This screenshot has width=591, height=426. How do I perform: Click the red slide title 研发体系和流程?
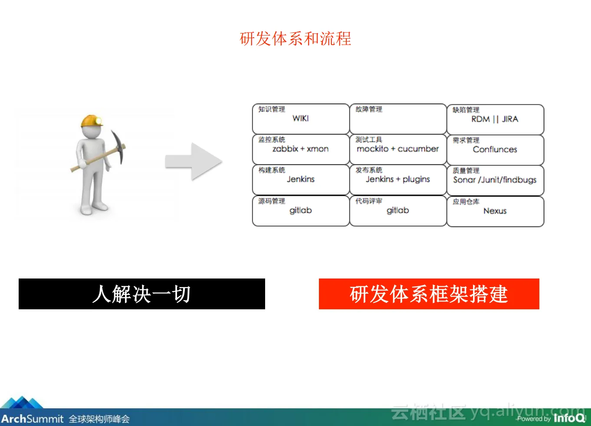click(x=295, y=39)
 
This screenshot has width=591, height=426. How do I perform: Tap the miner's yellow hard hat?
click(x=92, y=121)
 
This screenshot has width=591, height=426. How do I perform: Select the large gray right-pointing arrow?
click(x=194, y=161)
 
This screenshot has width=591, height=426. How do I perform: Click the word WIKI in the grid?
click(x=301, y=118)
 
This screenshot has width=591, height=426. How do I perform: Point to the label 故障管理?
click(x=369, y=109)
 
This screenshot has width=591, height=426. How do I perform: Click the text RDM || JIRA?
click(x=495, y=119)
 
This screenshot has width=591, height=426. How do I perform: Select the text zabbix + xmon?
click(x=301, y=149)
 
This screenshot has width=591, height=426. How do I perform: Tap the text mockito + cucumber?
click(x=397, y=149)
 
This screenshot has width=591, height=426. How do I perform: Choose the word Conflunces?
click(x=495, y=149)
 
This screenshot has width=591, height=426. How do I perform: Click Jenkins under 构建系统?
click(x=301, y=179)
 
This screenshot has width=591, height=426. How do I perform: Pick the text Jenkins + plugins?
click(x=397, y=179)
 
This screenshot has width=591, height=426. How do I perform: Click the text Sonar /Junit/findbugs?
click(x=495, y=180)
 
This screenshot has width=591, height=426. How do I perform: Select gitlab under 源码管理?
click(x=301, y=210)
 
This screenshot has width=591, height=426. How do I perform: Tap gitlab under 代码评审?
click(x=397, y=210)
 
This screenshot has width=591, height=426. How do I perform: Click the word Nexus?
click(x=495, y=211)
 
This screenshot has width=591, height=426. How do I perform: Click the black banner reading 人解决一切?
click(x=142, y=294)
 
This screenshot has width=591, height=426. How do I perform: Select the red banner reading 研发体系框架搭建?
click(x=429, y=294)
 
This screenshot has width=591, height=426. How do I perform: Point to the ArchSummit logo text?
click(x=32, y=419)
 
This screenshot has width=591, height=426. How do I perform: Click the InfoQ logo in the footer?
click(x=569, y=418)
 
